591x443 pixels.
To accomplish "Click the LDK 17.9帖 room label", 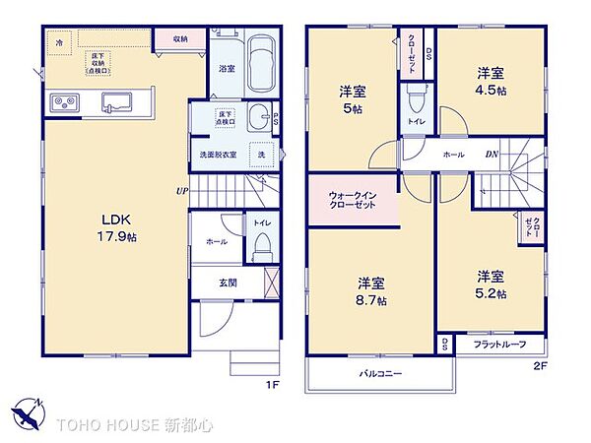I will [115, 225].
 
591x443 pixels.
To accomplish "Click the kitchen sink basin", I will [116, 99].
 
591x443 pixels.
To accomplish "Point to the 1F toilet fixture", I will [261, 252].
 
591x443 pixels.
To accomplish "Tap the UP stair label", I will [182, 191].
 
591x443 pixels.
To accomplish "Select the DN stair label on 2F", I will [491, 155].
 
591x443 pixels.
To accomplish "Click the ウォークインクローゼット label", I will [353, 200].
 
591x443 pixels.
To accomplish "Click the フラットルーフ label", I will [499, 344].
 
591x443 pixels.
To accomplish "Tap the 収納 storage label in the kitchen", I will [180, 38].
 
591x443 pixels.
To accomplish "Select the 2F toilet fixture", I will [415, 101].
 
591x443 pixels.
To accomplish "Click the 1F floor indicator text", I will [273, 384].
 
